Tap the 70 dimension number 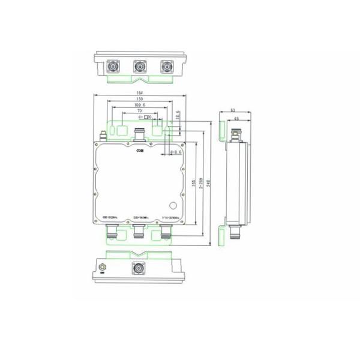click(x=139, y=111)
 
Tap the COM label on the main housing click(x=139, y=152)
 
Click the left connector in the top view click(x=113, y=67)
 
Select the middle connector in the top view click(x=140, y=67)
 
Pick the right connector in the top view click(x=166, y=67)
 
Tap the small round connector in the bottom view click(x=102, y=266)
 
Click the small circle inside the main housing click(x=175, y=205)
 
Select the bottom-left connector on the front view click(x=113, y=231)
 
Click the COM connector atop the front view click(x=140, y=133)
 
